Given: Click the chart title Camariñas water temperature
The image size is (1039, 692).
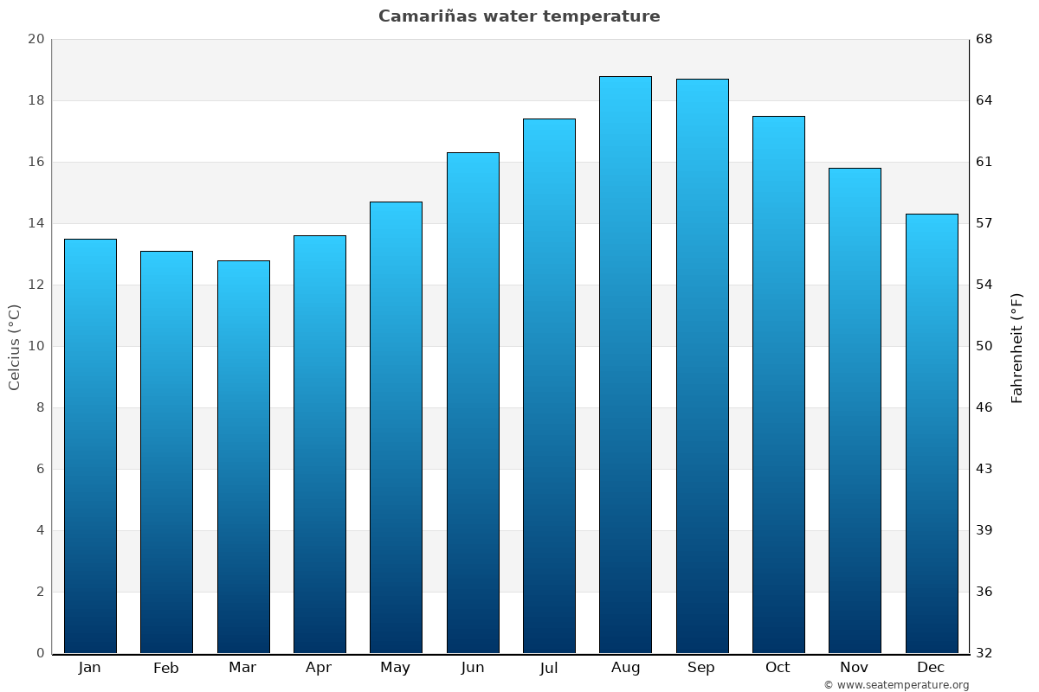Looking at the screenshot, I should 519,16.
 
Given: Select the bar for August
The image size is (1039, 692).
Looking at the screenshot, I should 625,363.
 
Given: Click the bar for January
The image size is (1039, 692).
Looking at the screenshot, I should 90,445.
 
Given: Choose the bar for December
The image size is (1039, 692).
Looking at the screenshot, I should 932,432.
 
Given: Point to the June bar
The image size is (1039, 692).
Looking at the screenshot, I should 473,402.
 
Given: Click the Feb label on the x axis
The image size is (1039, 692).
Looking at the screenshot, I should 166,668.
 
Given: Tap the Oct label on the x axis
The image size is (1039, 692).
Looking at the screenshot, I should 778,668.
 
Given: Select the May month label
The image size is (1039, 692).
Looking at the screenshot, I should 396,668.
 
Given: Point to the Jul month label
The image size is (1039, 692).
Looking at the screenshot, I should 549,668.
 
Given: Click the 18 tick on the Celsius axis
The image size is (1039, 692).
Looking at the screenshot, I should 36,100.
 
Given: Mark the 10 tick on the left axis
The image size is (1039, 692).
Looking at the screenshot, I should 36,346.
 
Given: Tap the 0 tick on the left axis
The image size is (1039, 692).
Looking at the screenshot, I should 40,653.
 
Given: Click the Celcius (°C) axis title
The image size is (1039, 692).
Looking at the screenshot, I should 14,346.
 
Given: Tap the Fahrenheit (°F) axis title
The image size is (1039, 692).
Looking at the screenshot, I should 1017,347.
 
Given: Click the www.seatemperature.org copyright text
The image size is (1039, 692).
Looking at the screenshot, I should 896,685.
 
